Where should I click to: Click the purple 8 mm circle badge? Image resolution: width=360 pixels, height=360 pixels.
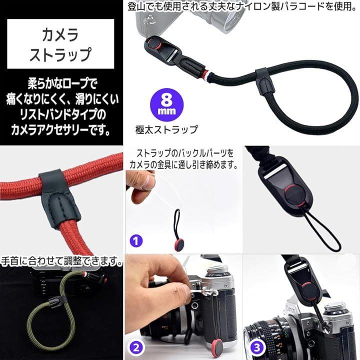166,104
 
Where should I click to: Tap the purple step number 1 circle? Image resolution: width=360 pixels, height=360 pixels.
136,241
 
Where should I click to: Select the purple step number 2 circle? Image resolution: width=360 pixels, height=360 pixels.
136,347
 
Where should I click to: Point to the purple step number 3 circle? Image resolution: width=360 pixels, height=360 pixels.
256,347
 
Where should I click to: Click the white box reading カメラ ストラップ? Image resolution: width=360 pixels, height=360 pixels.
60,44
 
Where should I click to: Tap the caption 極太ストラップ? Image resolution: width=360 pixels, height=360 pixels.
166,129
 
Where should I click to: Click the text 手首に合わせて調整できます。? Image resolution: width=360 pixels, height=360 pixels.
61,261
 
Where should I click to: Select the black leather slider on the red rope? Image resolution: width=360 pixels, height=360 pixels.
59,197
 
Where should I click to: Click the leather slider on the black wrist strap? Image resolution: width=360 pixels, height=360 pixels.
263,81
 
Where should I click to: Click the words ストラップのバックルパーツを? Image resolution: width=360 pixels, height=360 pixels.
185,153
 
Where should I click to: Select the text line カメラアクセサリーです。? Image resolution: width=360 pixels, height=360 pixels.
60,130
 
